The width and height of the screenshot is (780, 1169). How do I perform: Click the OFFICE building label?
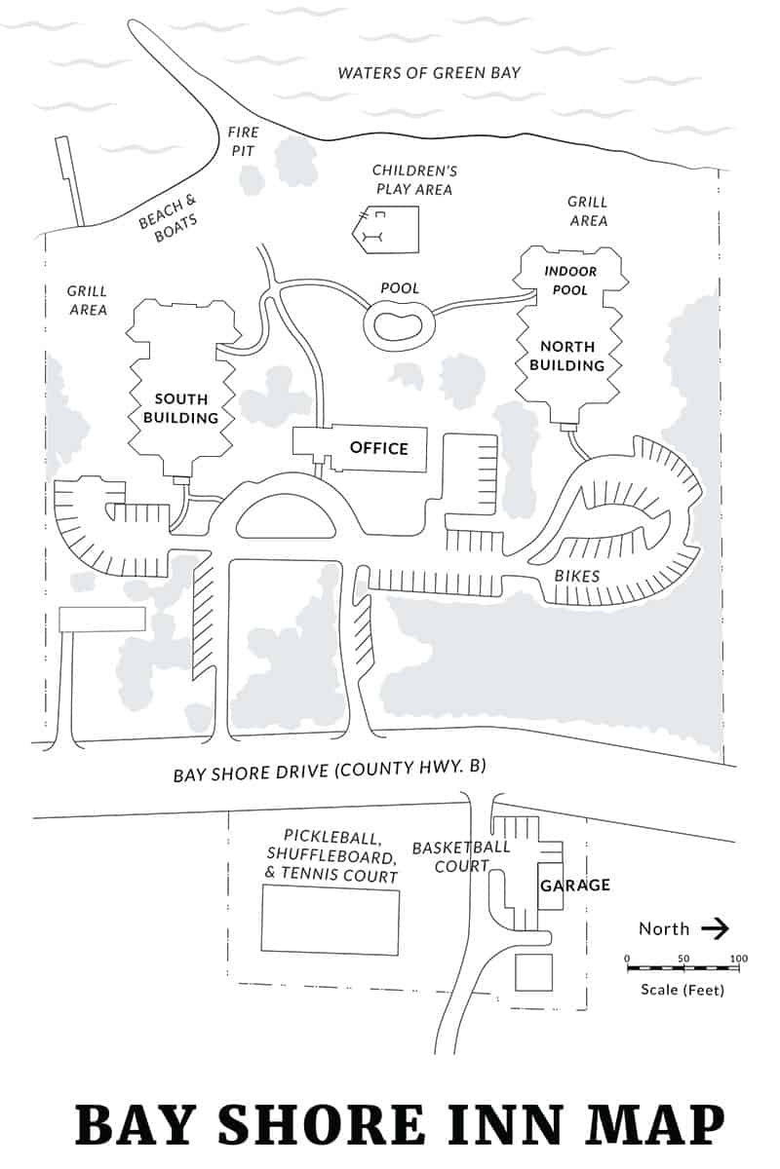378,448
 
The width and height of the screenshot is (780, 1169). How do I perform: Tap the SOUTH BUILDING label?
180,408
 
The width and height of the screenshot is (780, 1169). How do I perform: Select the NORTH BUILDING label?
572,356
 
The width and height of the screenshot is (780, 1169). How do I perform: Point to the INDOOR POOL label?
570,281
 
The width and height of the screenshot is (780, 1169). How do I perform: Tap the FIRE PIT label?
241,140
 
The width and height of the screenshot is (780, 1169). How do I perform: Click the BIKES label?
577,576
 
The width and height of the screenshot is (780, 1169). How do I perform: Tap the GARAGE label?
574,885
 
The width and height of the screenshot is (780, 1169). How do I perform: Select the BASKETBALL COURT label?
461,855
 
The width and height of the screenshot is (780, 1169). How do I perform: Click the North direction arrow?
715,928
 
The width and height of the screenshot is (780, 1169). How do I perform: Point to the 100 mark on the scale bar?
738,960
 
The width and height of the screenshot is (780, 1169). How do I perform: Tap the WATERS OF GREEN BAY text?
429,72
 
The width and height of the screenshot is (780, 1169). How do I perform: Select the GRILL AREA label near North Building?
587,210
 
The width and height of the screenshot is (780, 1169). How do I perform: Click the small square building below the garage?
533,973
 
